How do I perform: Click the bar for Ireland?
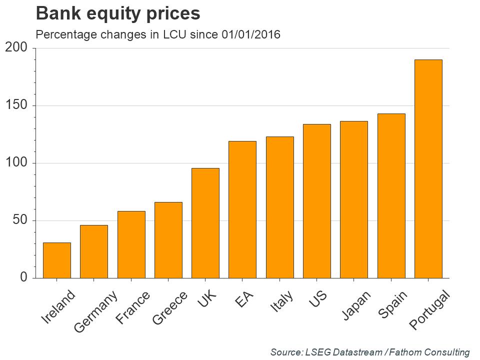[x=56, y=260]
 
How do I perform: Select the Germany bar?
[x=94, y=251]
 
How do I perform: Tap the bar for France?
[x=131, y=244]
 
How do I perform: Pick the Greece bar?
[x=168, y=240]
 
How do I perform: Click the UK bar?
[x=205, y=223]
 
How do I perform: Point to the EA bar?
[x=242, y=209]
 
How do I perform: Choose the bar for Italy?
[x=280, y=207]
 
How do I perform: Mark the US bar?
[x=317, y=201]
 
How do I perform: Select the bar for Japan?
[x=354, y=199]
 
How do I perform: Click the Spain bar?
[x=391, y=195]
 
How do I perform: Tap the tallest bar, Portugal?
[x=428, y=168]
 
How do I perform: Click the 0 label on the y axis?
[x=23, y=278]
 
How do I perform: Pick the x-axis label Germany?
[x=96, y=311]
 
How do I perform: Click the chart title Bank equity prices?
[x=118, y=14]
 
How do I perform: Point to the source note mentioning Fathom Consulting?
[x=370, y=352]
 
